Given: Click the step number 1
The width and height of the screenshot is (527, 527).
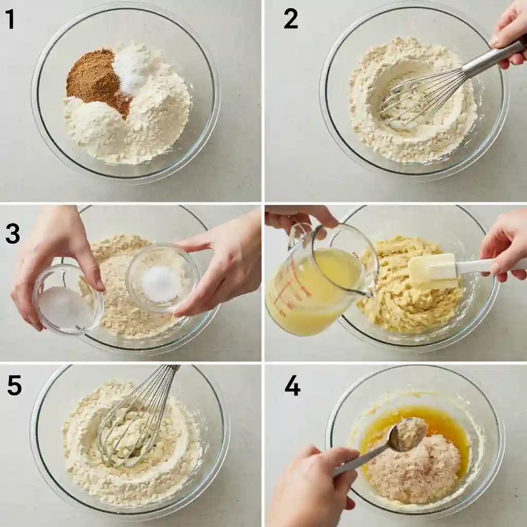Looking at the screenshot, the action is pyautogui.click(x=10, y=20).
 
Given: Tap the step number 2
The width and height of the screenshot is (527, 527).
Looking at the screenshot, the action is pyautogui.click(x=291, y=20).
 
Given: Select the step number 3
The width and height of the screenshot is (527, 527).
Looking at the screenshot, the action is pyautogui.click(x=12, y=234).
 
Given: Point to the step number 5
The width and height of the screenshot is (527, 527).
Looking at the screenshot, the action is pyautogui.click(x=14, y=385).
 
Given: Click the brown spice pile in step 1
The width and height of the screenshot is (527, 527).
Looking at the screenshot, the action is pyautogui.click(x=96, y=81).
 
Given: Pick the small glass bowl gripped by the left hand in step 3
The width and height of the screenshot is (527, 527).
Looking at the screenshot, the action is pyautogui.click(x=68, y=299).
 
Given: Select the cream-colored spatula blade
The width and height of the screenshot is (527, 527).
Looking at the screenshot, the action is pyautogui.click(x=432, y=271).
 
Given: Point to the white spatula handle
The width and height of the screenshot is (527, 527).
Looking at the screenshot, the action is pyautogui.click(x=489, y=266).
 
